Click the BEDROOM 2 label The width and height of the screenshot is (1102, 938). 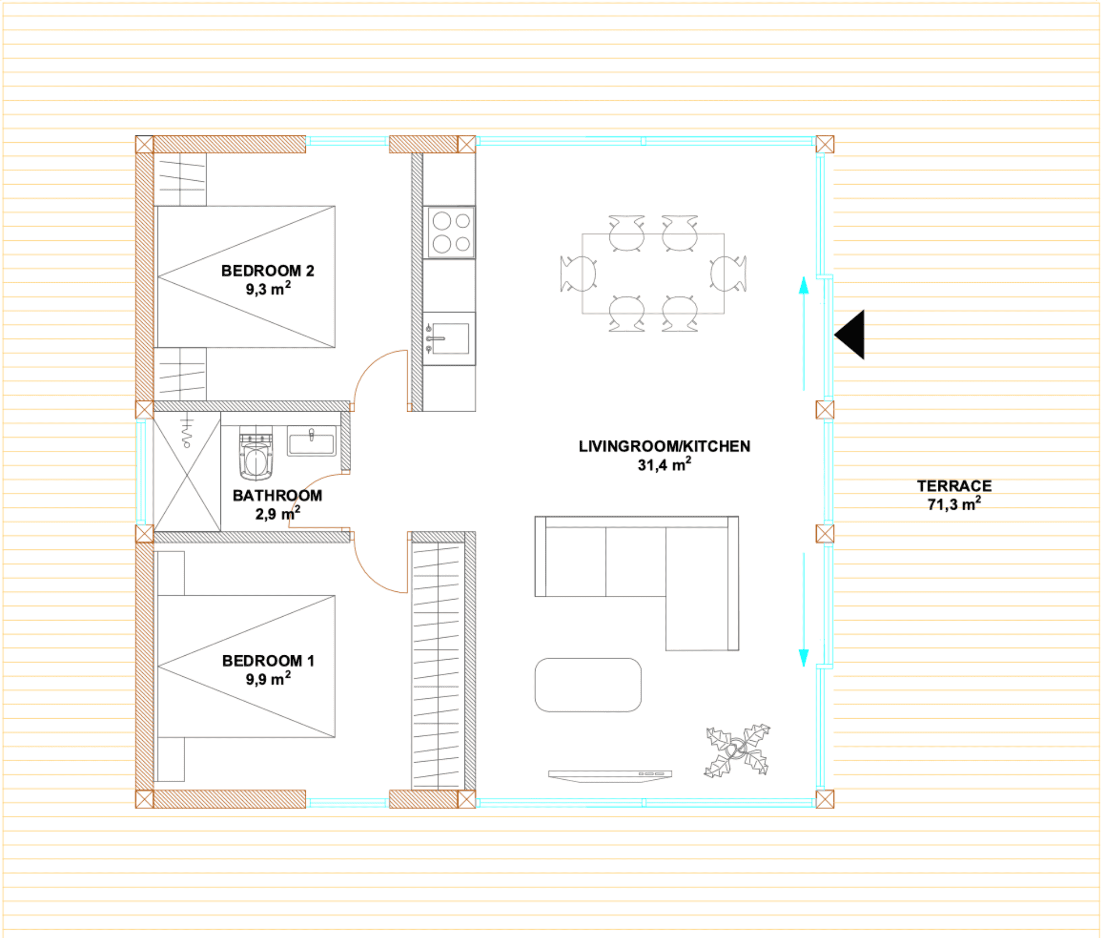268,271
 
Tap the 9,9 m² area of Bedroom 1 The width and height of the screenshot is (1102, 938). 268,678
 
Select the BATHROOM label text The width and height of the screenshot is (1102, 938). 277,495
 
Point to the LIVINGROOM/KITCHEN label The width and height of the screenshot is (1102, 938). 665,446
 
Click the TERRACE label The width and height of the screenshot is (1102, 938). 954,486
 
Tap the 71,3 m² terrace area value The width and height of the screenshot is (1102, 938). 954,504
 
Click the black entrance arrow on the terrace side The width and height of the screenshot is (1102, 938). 850,335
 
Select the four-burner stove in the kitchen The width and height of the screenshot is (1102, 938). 449,232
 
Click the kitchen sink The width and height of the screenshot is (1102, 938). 449,338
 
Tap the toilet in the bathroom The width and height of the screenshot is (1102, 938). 256,453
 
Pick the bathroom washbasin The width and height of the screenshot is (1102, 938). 311,441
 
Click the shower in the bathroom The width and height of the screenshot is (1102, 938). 187,472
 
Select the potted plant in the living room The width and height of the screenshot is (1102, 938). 737,751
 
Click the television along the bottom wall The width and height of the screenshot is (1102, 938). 610,775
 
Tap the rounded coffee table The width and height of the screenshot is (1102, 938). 588,685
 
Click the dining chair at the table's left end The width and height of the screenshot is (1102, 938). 578,273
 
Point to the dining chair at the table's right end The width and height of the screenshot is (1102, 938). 728,273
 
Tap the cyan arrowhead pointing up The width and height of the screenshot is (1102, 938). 804,285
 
